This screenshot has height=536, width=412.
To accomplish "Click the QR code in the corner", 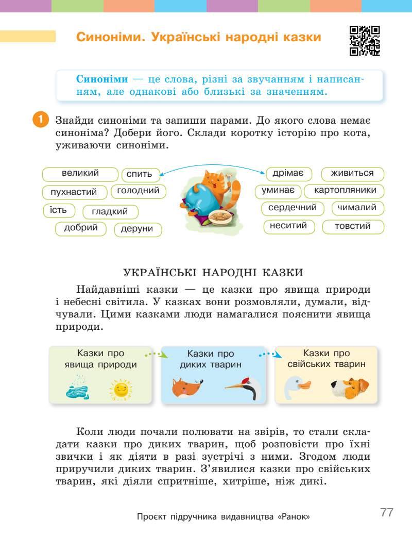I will (365, 40).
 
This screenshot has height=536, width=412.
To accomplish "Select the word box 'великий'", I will (80, 174).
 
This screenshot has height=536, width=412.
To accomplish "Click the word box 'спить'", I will (140, 174).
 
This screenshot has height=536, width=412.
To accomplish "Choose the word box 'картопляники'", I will (345, 191).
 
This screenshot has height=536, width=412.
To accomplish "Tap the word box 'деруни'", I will (138, 229).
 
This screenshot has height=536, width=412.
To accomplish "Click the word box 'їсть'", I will (58, 210).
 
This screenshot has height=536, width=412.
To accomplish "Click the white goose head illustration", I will (298, 387).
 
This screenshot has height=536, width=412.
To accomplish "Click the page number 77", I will (387, 512).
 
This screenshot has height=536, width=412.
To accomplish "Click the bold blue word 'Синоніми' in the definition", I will (102, 79).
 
